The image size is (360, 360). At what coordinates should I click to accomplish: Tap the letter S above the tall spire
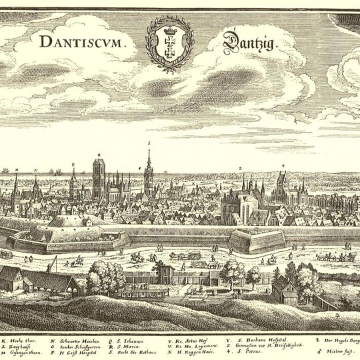pyautogui.click(x=149, y=143)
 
